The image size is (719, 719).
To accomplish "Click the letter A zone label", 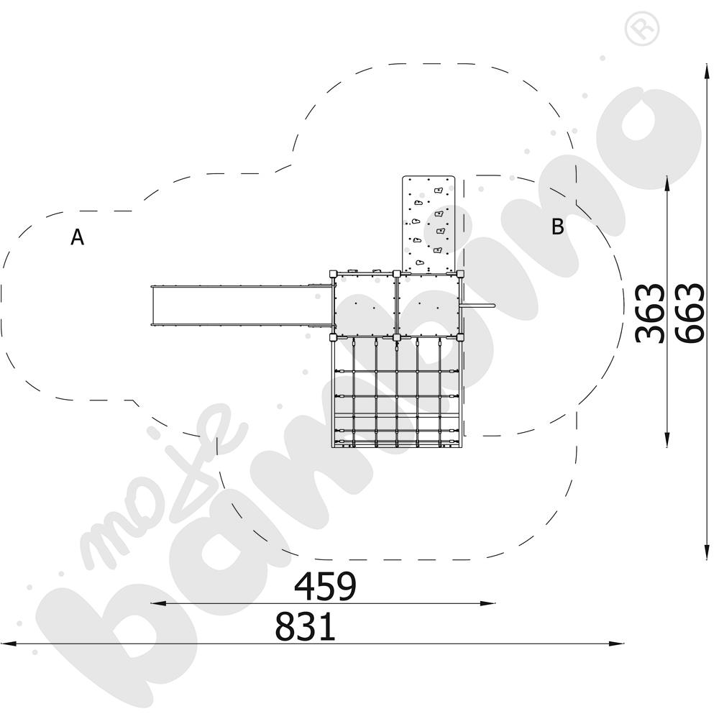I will (77, 237).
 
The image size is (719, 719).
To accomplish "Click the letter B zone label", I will (558, 227).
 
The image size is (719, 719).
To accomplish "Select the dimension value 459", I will (325, 587).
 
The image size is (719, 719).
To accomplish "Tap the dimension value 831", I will (305, 627).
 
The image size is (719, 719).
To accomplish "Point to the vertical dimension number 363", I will (651, 313).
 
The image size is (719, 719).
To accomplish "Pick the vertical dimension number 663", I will (689, 313).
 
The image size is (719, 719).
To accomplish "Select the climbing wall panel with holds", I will (429, 224).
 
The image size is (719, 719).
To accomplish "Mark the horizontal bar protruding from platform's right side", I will (479, 306).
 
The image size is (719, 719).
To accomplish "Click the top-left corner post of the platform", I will (333, 273).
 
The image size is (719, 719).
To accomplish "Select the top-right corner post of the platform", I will (460, 273).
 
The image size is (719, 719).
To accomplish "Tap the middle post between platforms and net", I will (396, 336).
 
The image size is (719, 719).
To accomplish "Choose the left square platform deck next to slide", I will (365, 305).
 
